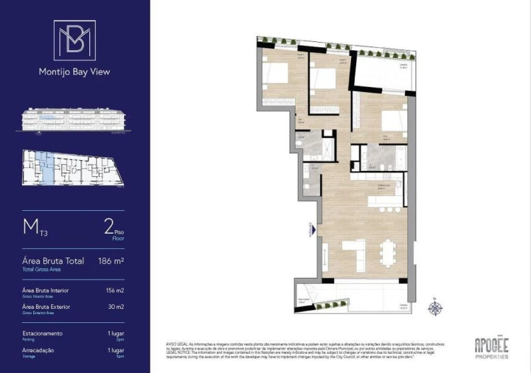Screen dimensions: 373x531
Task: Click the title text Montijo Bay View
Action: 74,72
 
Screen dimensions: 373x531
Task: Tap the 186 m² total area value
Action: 111,261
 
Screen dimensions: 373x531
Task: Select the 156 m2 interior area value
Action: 114,291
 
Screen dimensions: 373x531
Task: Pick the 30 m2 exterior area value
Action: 116,307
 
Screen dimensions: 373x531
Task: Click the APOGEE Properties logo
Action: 491,346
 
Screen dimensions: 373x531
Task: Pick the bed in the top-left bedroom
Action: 276,74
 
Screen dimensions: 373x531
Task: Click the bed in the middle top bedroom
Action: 323,78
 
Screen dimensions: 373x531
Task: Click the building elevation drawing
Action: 74,121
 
